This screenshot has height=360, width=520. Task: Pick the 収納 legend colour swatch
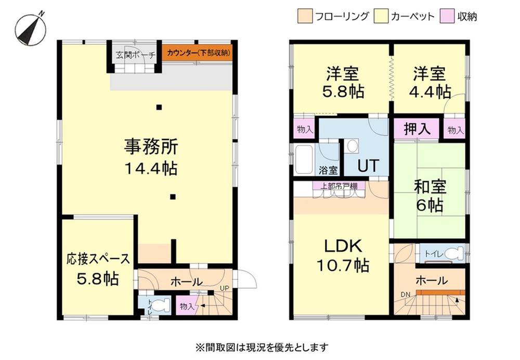click(446, 16)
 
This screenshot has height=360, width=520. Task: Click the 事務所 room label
click(151, 147)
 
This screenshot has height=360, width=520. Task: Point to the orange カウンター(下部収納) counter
click(197, 53)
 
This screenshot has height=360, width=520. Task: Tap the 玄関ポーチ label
click(134, 54)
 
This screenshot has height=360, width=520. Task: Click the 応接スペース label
click(98, 259)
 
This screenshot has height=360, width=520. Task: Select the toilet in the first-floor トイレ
click(159, 305)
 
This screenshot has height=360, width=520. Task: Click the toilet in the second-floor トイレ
click(454, 253)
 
